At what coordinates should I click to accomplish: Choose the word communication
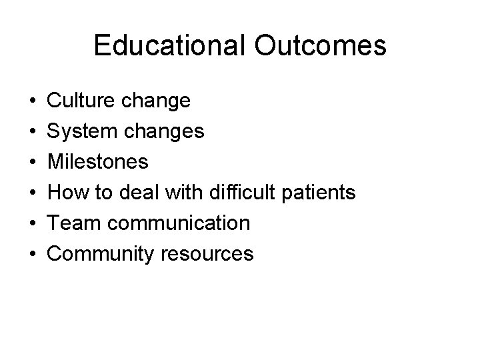click(x=176, y=223)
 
